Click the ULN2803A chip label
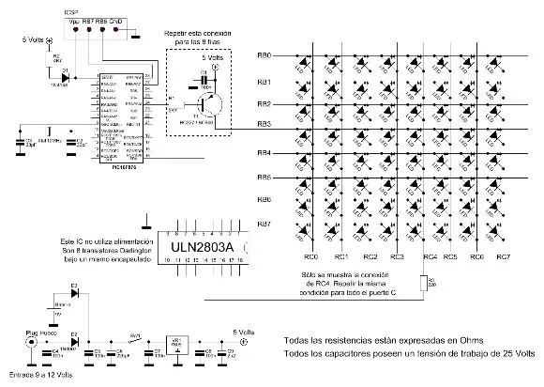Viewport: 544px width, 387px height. [x=202, y=248]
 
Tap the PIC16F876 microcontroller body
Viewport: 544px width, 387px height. [x=118, y=116]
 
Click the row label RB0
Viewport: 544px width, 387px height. [x=264, y=56]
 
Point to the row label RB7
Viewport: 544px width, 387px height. [x=264, y=224]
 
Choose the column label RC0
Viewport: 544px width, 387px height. [x=310, y=255]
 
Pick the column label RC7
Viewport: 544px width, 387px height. [x=503, y=255]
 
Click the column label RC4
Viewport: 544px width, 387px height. [x=430, y=255]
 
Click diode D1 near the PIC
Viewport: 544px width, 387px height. [x=64, y=72]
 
